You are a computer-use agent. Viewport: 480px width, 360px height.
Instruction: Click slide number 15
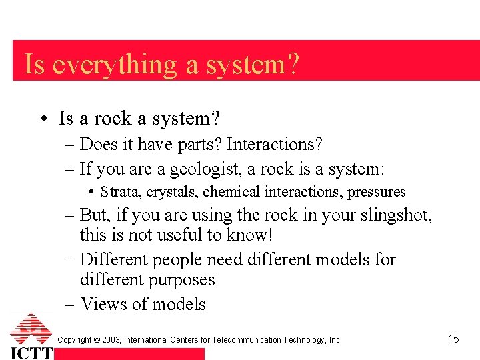pos(453,339)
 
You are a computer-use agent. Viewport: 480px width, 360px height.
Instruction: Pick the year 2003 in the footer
pos(111,340)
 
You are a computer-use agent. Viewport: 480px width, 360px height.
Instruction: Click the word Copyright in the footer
pos(75,340)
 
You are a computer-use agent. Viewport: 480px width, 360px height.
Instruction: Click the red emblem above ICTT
pos(31,329)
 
